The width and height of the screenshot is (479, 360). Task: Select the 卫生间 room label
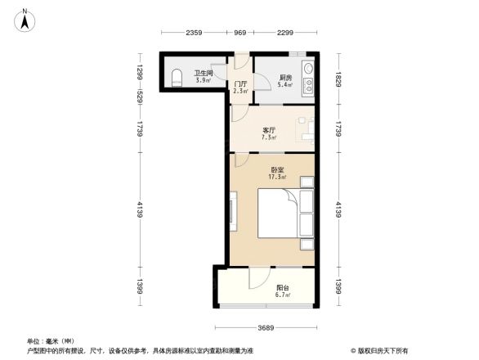[x=203, y=74]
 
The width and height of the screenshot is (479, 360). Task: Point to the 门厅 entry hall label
[x=241, y=84]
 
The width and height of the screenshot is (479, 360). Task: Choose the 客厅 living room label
[x=268, y=129]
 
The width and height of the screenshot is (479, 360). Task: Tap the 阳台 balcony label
[x=283, y=287]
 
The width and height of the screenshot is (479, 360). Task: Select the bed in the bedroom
[x=279, y=214]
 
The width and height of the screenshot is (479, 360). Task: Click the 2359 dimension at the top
[x=194, y=33]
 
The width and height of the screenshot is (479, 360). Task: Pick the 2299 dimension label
[x=285, y=33]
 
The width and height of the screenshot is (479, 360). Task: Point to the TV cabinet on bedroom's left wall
[x=234, y=211]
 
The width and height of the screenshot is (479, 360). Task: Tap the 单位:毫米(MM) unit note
[x=50, y=341]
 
